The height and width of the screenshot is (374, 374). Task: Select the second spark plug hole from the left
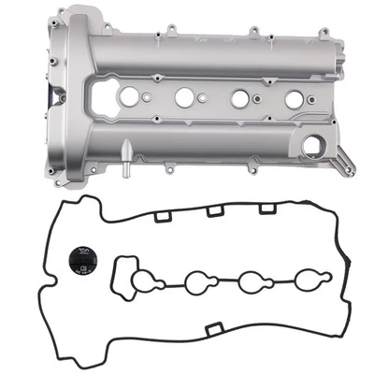tap(184, 96)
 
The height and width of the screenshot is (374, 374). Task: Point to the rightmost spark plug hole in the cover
tap(293, 98)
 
